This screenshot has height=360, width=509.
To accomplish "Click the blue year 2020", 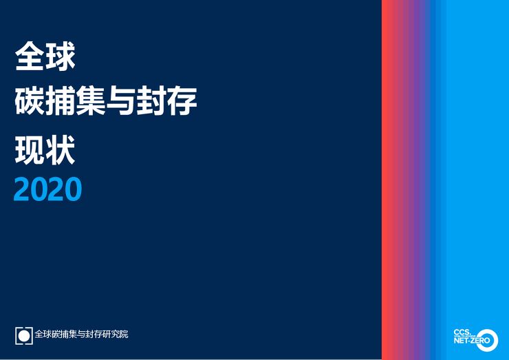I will pyautogui.click(x=47, y=189).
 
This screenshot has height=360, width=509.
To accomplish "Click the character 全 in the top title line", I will pyautogui.click(x=27, y=57).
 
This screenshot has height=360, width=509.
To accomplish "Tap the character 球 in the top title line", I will pyautogui.click(x=61, y=57).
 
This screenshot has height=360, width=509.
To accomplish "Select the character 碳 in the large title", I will pyautogui.click(x=28, y=103).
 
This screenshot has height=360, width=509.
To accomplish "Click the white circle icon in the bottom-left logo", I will pyautogui.click(x=24, y=335).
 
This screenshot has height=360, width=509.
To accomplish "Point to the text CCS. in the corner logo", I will pyautogui.click(x=462, y=331).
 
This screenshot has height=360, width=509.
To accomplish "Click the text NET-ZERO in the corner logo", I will pyautogui.click(x=468, y=341).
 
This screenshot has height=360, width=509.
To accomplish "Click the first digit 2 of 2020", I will pyautogui.click(x=22, y=189).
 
